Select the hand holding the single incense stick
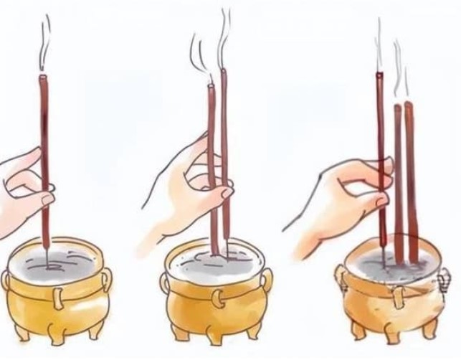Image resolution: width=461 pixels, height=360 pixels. pyautogui.click(x=22, y=186)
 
